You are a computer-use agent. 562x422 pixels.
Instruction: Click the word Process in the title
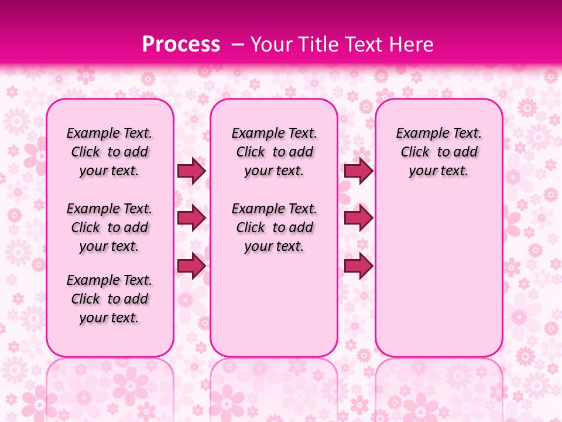coord(181,45)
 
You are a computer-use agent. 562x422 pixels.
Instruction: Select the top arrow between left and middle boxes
coord(191,171)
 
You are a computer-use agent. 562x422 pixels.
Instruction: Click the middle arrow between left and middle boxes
coord(191,218)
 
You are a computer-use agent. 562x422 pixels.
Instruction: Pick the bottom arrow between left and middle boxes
coord(191,266)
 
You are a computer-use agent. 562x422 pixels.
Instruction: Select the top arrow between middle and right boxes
coord(358,171)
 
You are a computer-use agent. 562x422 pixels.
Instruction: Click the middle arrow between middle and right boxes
coord(358,218)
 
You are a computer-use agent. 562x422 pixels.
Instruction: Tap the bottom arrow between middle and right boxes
coord(358,266)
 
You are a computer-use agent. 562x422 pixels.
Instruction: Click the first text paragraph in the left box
coord(109,152)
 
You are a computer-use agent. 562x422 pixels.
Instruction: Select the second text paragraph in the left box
coord(109,227)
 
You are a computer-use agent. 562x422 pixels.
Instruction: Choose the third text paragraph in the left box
coord(109,299)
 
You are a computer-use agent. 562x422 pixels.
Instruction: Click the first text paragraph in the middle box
coord(274,152)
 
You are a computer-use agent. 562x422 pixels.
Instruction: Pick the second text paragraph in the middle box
coord(274,227)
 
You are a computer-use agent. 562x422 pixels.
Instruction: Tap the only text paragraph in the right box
coord(438,152)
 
